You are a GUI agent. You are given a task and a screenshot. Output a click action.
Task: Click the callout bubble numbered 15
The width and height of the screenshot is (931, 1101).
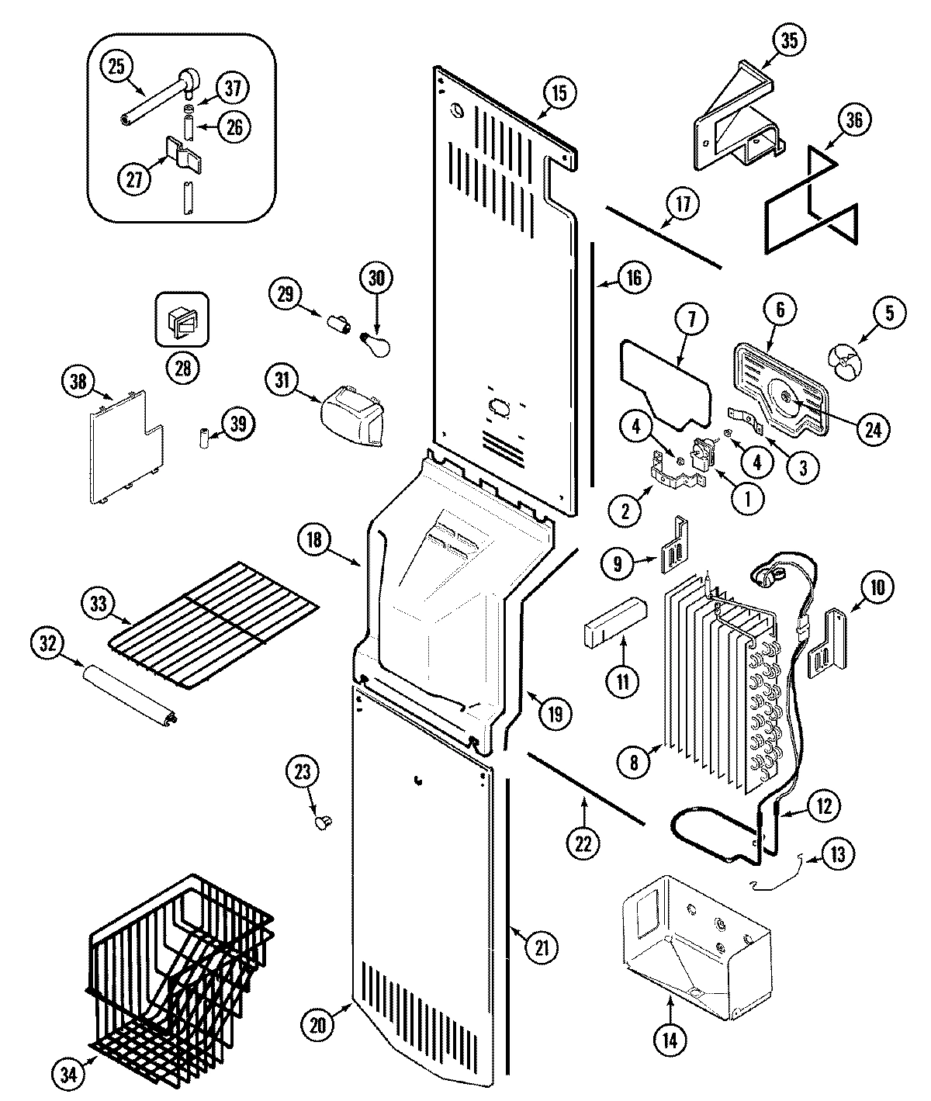[x=559, y=93]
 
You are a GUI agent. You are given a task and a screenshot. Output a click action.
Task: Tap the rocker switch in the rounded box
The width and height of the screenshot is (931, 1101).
[x=182, y=318]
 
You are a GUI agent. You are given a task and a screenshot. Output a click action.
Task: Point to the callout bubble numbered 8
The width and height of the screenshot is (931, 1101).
[x=634, y=763]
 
